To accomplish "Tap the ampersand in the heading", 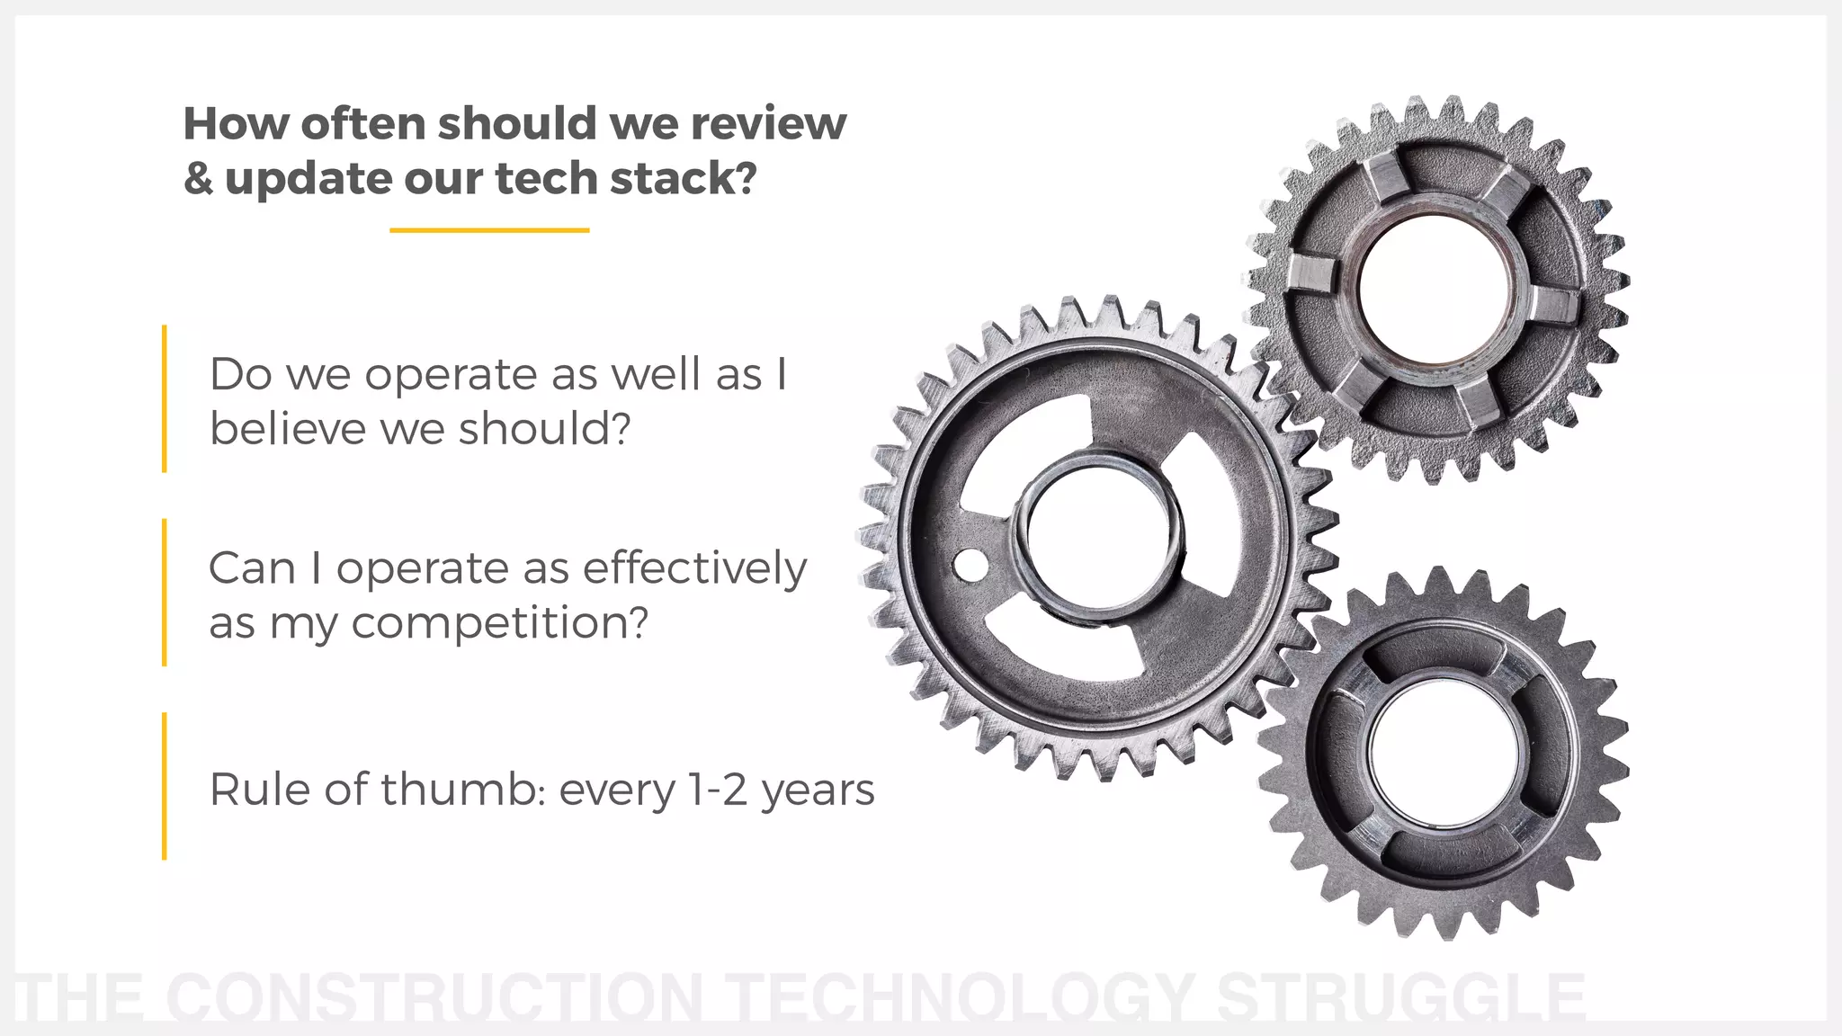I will tap(198, 178).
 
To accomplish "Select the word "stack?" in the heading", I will tap(684, 178).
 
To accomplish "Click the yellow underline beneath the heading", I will tap(489, 230).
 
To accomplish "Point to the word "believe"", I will tap(288, 428).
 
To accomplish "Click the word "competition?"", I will tap(499, 622).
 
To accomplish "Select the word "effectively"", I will tap(694, 568).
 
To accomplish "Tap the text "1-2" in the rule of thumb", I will tap(718, 790).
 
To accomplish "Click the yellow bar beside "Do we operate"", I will tap(165, 398).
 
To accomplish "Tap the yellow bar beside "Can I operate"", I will tap(165, 593).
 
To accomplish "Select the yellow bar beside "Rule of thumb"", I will tap(165, 786).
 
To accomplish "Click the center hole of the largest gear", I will tap(1098, 540).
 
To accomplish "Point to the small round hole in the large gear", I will tap(969, 566).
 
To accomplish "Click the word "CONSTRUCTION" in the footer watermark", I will tap(434, 997).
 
